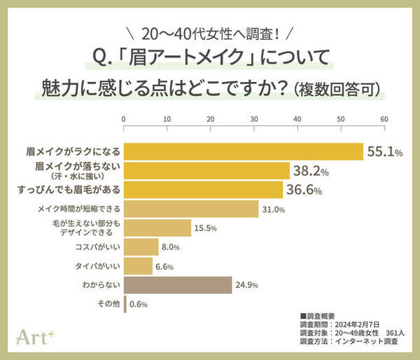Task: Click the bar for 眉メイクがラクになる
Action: tap(243, 151)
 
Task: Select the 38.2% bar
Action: tap(206, 170)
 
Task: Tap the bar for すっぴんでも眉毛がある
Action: tap(203, 189)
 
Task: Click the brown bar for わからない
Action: tap(178, 285)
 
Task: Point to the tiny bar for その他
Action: tap(125, 304)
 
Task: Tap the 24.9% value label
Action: tap(248, 285)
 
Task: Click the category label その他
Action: tap(108, 304)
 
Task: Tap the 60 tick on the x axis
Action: tap(384, 119)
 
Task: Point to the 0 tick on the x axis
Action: tap(124, 119)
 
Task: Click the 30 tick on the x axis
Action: tap(253, 119)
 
